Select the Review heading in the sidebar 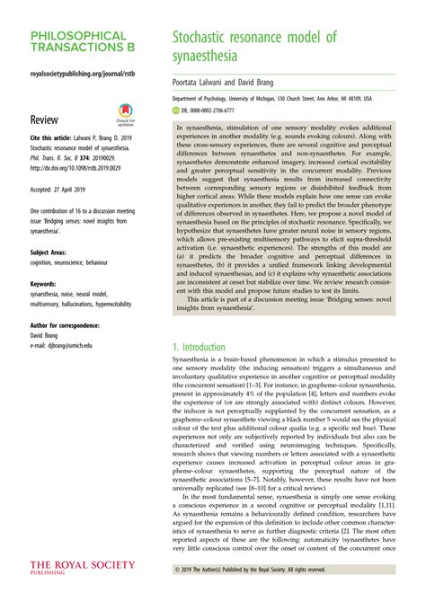(45, 119)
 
